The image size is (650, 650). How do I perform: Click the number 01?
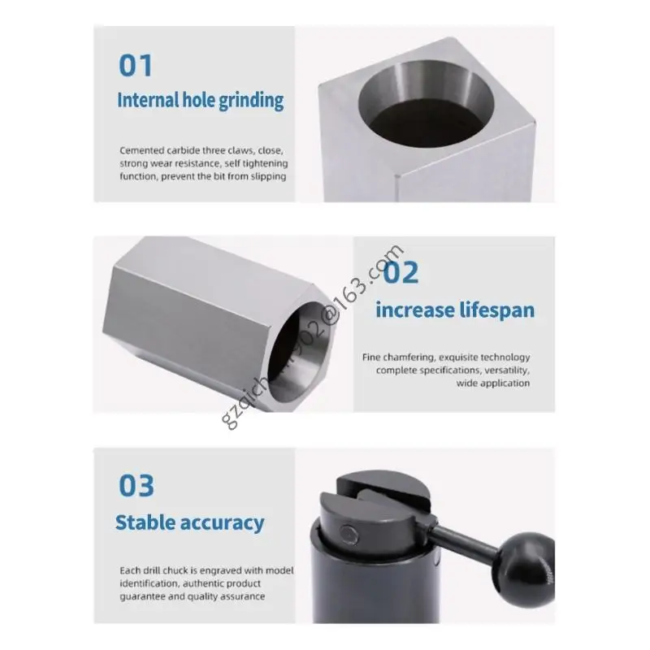pyautogui.click(x=136, y=65)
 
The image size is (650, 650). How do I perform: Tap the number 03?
pyautogui.click(x=136, y=486)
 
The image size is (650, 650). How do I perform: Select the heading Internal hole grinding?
pyautogui.click(x=201, y=101)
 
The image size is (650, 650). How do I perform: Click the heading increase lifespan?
pyautogui.click(x=455, y=310)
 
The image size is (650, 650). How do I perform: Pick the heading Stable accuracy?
pyautogui.click(x=189, y=522)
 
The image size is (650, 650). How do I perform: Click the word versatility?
pyautogui.click(x=503, y=370)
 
